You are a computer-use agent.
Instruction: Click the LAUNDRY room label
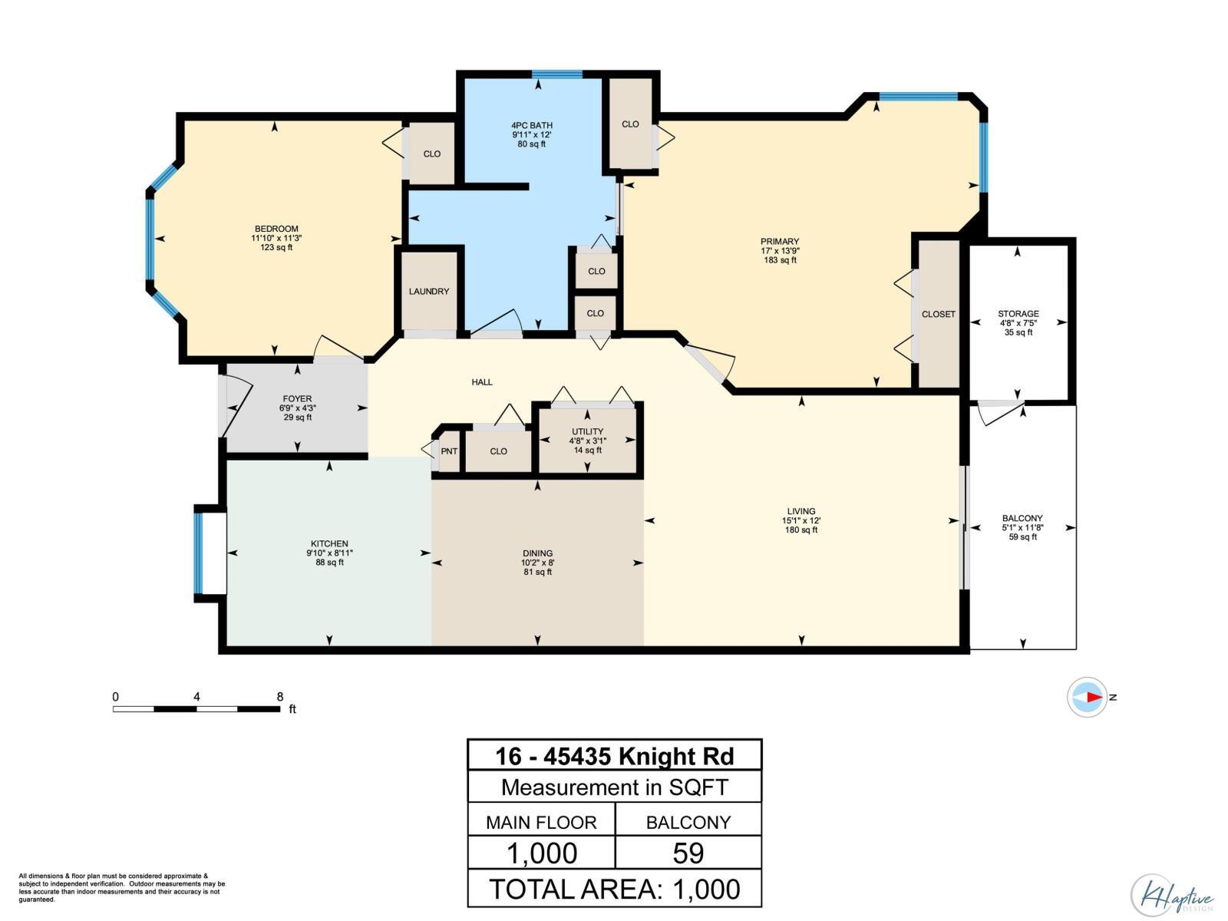click(429, 292)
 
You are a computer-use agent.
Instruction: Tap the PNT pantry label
click(449, 451)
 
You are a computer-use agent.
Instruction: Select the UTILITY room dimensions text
click(587, 441)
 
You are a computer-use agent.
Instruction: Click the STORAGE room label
click(1018, 314)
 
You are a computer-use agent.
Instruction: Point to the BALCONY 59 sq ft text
click(1022, 537)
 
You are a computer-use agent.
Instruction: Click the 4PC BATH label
click(532, 125)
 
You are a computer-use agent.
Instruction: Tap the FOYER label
click(297, 399)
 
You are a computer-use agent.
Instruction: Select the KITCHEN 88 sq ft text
click(330, 563)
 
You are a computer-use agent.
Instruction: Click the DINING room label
click(537, 553)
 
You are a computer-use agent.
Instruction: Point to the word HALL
click(482, 382)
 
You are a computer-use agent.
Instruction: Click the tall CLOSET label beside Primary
click(938, 314)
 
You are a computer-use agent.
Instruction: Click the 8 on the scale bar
click(280, 697)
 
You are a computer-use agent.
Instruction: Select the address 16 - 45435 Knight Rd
click(614, 756)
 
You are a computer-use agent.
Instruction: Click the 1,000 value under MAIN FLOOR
click(542, 853)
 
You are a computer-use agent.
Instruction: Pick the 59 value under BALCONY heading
click(688, 853)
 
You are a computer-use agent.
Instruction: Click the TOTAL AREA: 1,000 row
click(614, 889)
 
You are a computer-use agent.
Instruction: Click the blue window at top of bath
click(557, 74)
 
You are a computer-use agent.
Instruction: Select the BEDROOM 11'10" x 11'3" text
click(276, 238)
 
